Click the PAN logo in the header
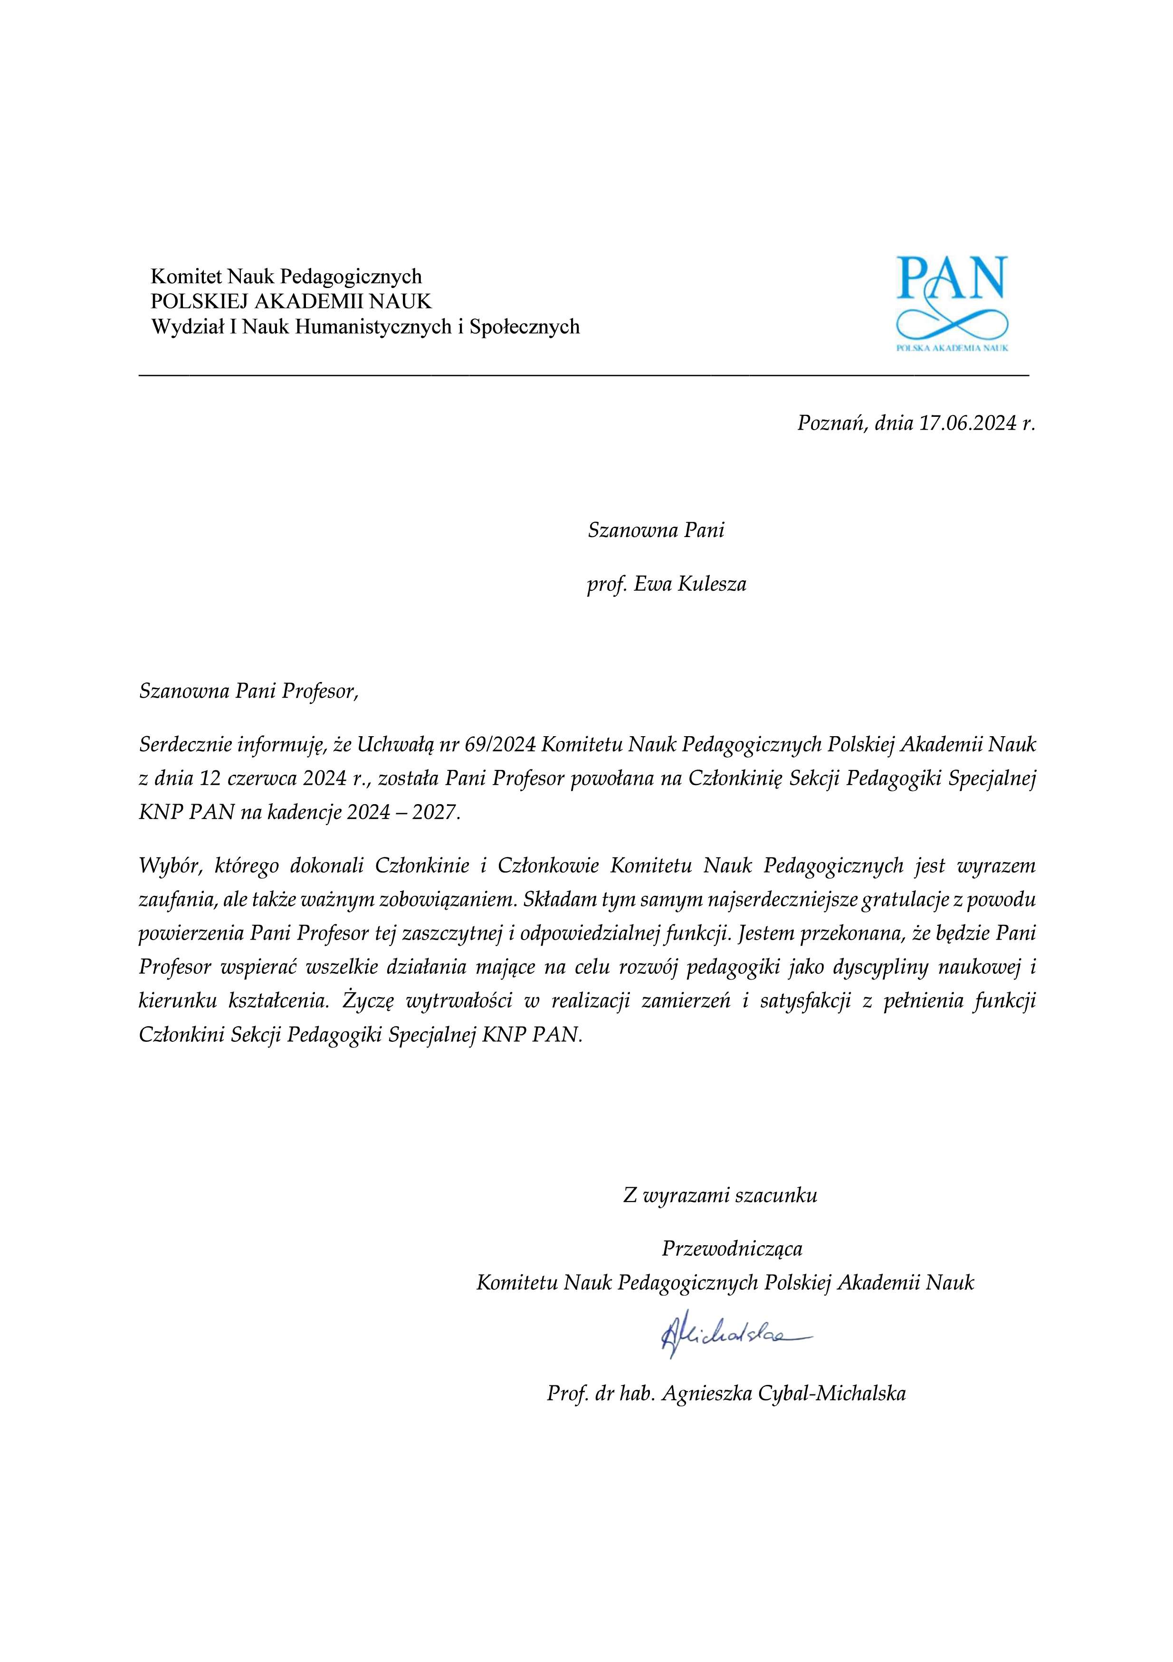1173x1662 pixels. pyautogui.click(x=952, y=303)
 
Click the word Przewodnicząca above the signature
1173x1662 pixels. pyautogui.click(x=732, y=1249)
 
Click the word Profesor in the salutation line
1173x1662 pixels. pyautogui.click(x=318, y=692)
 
